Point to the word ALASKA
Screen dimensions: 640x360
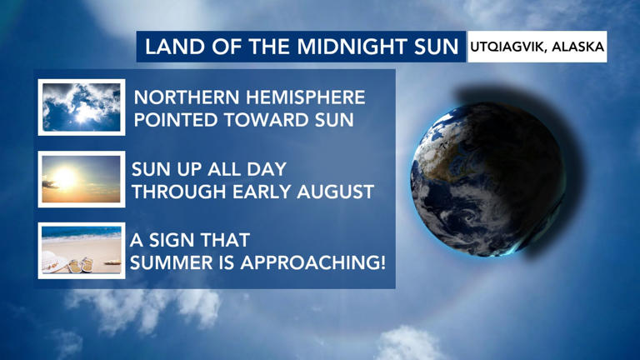point(577,47)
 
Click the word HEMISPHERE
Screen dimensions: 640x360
point(306,97)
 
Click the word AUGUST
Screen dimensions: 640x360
point(336,192)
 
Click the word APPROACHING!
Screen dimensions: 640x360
point(312,262)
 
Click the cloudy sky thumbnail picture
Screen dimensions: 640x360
point(82,107)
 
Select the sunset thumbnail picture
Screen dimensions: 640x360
point(82,179)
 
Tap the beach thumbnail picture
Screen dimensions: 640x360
point(82,251)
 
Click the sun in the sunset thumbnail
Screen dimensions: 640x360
point(65,177)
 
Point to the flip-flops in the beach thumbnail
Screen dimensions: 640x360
point(81,265)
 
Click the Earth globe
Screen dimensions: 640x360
point(487,180)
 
